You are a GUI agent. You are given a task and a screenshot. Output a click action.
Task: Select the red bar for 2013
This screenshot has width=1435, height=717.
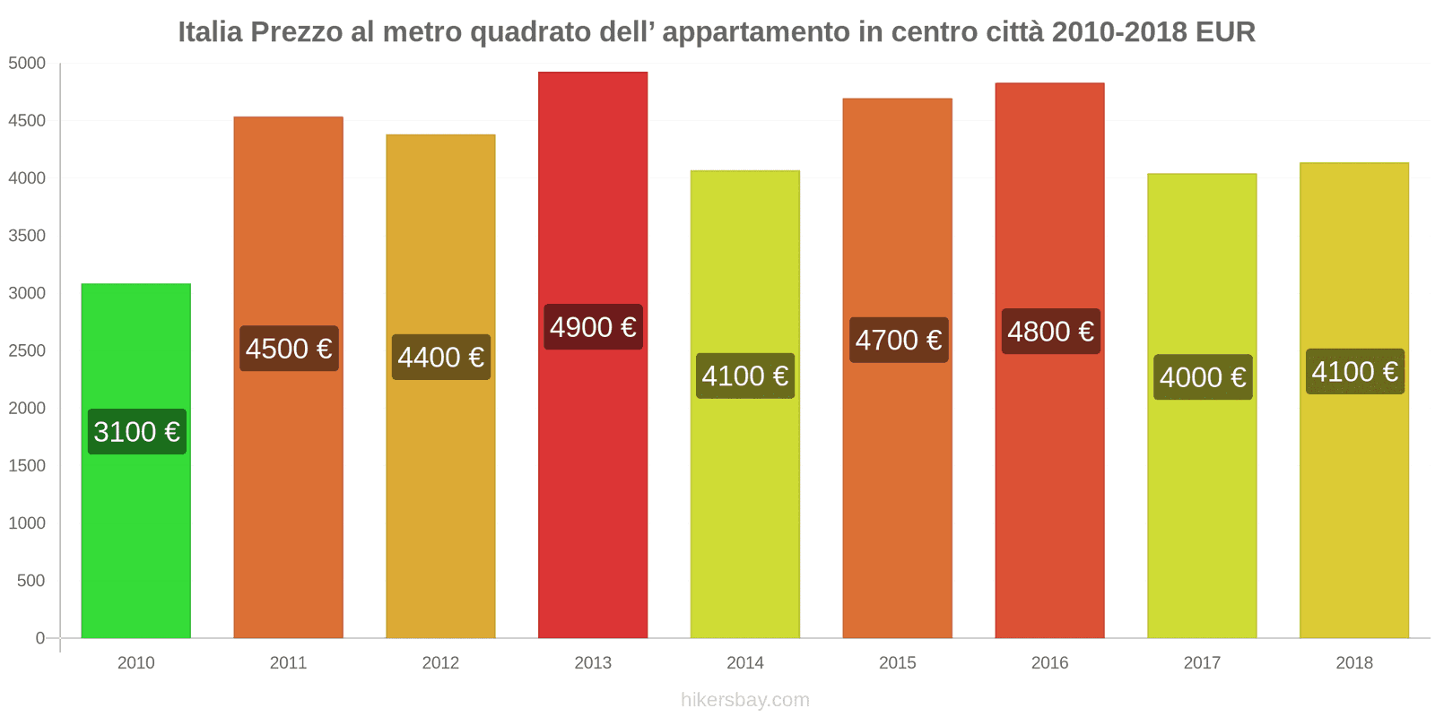coord(593,493)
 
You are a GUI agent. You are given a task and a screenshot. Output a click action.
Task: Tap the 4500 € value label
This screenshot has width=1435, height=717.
coord(289,349)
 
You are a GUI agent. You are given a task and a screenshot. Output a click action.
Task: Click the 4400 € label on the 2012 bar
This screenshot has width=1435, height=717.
coord(440,358)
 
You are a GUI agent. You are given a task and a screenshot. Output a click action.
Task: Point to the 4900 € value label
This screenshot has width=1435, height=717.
coord(593,327)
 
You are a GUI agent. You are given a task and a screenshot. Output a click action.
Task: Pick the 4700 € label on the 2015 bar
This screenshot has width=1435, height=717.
coord(898,340)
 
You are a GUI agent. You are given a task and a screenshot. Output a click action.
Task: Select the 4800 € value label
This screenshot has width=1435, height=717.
coord(1050,332)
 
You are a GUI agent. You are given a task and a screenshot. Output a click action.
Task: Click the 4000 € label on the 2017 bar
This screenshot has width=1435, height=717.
coord(1203,377)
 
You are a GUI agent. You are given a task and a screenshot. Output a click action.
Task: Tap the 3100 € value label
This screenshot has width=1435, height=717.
coord(136,432)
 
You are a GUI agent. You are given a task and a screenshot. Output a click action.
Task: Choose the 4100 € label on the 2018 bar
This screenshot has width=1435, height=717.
coord(1354,371)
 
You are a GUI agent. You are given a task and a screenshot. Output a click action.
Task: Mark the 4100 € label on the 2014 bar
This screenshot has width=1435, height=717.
coord(745,376)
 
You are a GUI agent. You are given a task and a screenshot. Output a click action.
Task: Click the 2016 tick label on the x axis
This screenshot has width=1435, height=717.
coord(1049,663)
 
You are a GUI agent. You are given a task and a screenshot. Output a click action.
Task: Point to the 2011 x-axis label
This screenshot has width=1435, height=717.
coord(288,663)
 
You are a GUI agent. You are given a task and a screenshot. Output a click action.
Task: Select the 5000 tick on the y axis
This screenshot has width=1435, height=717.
coord(27,64)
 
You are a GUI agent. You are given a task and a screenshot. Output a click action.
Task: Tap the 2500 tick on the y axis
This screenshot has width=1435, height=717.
coord(27,350)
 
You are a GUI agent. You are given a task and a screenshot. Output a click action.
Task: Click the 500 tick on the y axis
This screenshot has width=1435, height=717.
coord(30,581)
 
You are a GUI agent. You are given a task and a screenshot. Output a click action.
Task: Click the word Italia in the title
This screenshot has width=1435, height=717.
coord(210,32)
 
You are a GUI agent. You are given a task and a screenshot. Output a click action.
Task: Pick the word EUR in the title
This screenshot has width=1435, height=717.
coord(1225,32)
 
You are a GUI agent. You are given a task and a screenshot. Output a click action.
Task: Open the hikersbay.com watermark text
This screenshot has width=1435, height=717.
coord(744,700)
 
